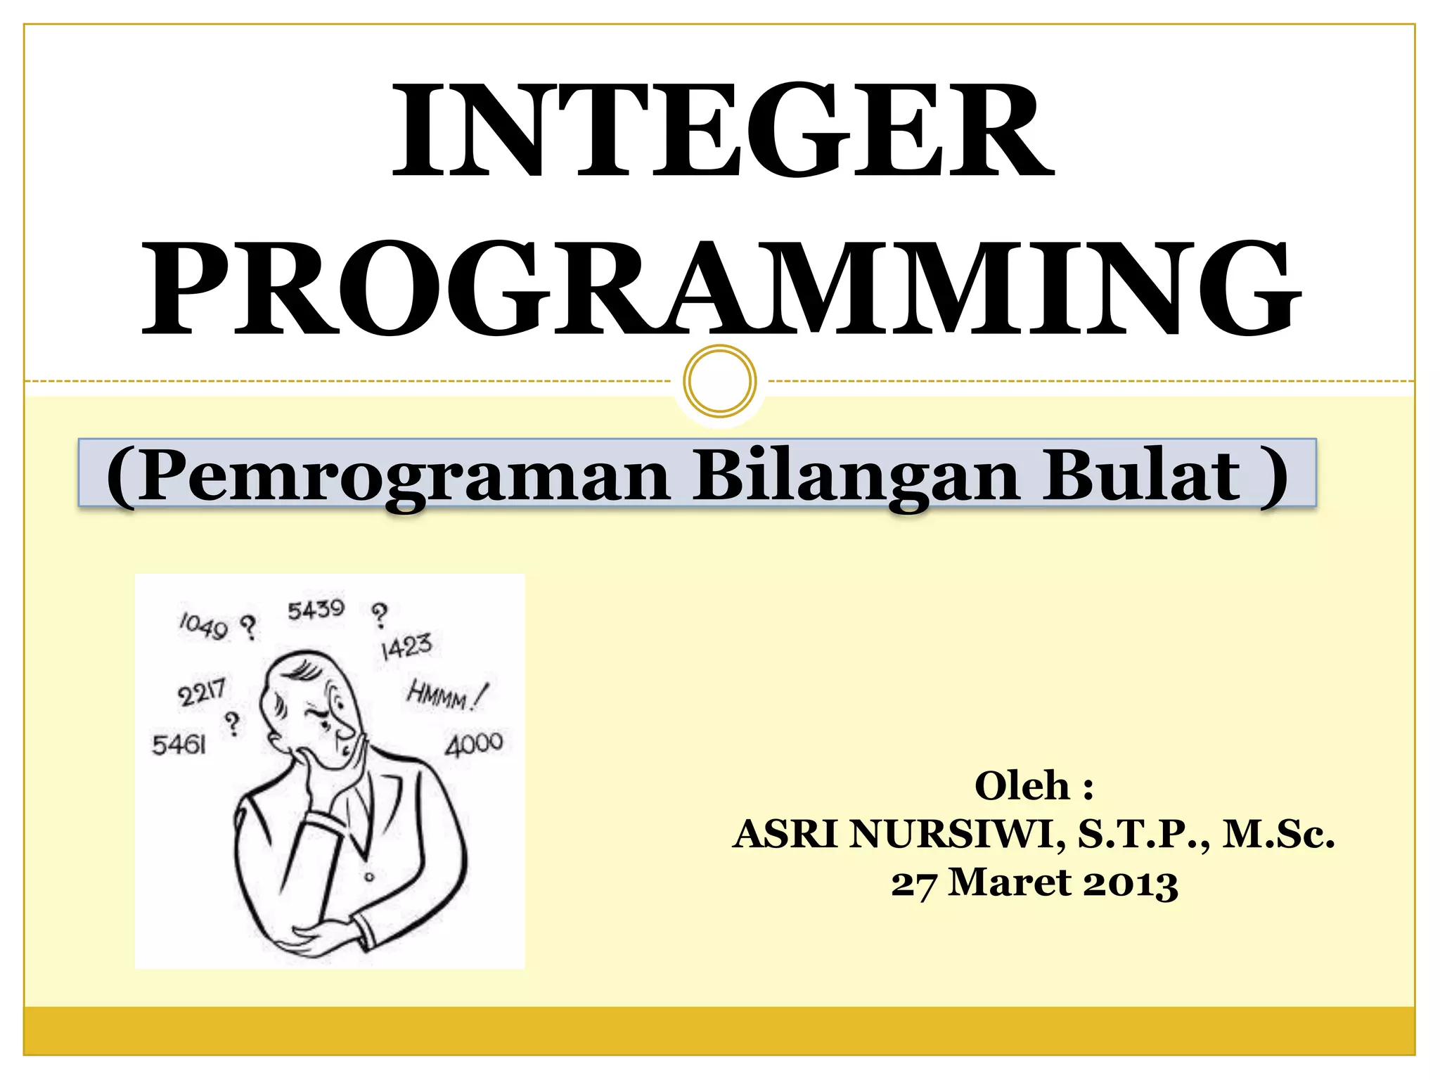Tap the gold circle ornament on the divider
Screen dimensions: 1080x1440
719,380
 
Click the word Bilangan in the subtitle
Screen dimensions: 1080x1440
856,476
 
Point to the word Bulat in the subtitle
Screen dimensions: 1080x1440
1140,476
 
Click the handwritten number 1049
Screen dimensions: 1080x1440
204,625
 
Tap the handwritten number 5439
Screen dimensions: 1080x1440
316,610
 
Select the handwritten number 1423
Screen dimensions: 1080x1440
406,646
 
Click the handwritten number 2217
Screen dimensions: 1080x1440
202,692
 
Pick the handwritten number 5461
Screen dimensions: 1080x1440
179,744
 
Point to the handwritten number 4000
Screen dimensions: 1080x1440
474,744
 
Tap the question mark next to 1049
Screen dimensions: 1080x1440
248,626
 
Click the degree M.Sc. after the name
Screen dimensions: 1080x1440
1278,835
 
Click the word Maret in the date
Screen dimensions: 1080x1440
1009,882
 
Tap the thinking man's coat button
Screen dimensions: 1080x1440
369,877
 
